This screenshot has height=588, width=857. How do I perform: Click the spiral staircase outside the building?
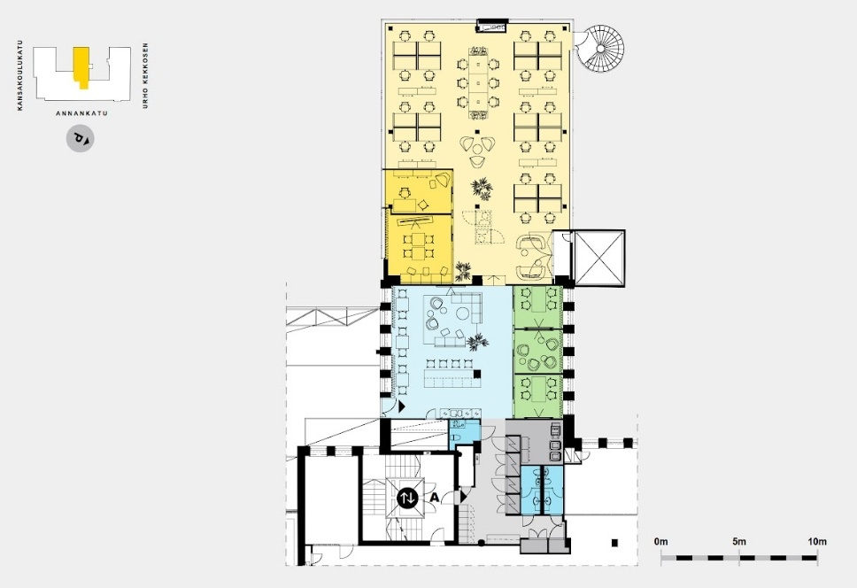pyautogui.click(x=600, y=48)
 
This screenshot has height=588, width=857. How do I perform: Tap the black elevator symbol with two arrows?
pyautogui.click(x=407, y=498)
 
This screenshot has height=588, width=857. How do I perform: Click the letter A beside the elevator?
pyautogui.click(x=435, y=498)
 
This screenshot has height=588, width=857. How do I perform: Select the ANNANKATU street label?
pyautogui.click(x=81, y=113)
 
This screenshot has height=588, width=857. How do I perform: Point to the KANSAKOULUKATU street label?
pyautogui.click(x=20, y=75)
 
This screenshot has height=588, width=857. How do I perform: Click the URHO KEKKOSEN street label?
pyautogui.click(x=145, y=75)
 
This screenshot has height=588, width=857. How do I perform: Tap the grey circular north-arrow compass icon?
pyautogui.click(x=81, y=138)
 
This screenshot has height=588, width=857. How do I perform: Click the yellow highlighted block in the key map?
pyautogui.click(x=81, y=66)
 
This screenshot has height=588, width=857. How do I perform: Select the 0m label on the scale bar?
pyautogui.click(x=660, y=542)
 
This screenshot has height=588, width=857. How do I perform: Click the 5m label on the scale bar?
pyautogui.click(x=739, y=542)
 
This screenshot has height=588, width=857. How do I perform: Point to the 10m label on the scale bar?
pyautogui.click(x=817, y=542)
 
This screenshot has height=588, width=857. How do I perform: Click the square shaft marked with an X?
pyautogui.click(x=599, y=258)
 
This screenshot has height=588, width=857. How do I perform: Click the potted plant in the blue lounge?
pyautogui.click(x=477, y=343)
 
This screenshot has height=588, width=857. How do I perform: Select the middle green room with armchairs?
pyautogui.click(x=537, y=352)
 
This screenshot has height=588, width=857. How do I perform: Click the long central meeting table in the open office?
pyautogui.click(x=478, y=83)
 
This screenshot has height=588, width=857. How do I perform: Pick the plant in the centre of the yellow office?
pyautogui.click(x=483, y=190)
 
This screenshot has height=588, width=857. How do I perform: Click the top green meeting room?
pyautogui.click(x=537, y=307)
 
